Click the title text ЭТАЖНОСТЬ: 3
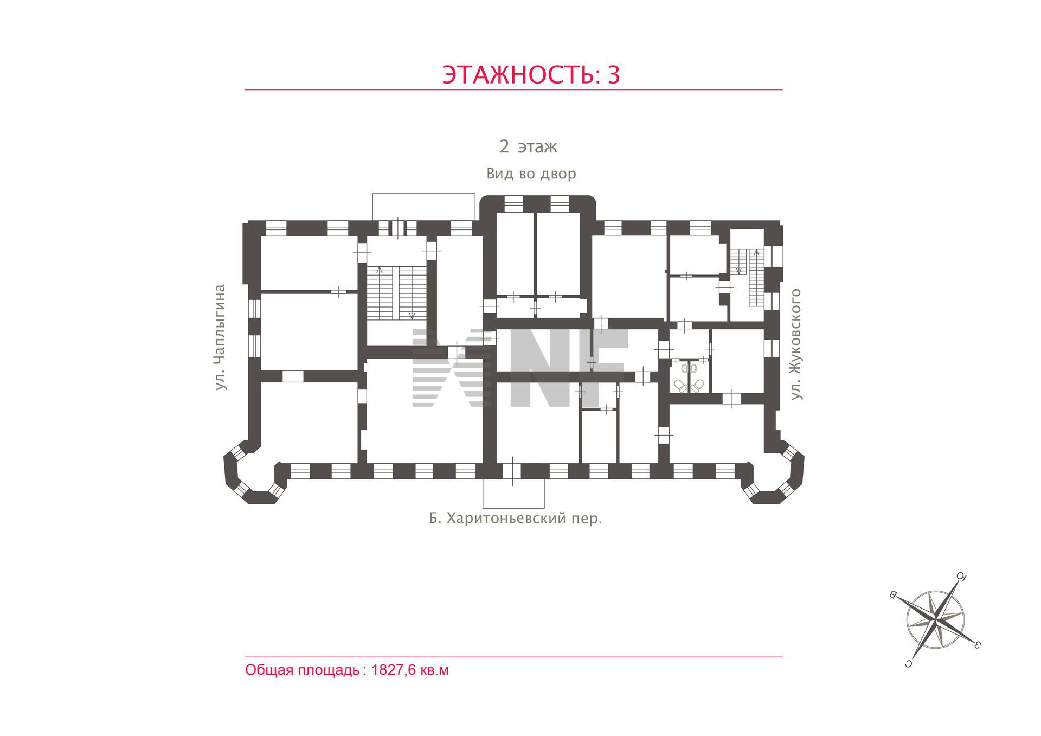(531, 75)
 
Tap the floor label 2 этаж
(528, 146)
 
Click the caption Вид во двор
(531, 174)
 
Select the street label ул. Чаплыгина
(220, 337)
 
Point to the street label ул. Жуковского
(795, 344)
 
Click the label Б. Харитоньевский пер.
(516, 519)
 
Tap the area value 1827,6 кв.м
(410, 670)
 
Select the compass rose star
(935, 619)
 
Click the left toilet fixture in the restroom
(680, 386)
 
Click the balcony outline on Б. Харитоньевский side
(513, 492)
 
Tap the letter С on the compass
(907, 663)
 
